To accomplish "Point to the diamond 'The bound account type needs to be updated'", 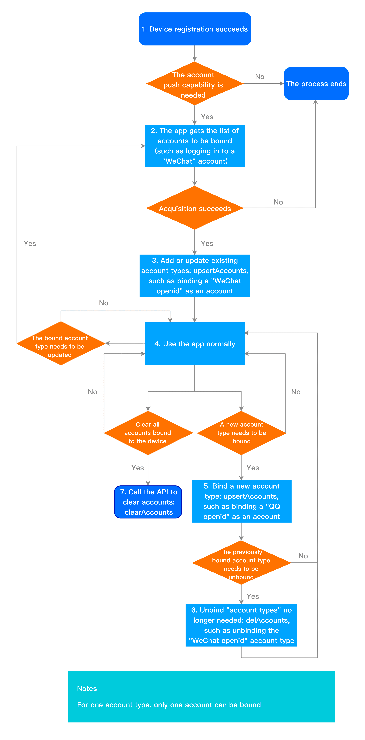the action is [x=61, y=343].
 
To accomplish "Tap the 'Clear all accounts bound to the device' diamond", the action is [x=148, y=433].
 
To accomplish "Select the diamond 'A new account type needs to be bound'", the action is [x=241, y=433].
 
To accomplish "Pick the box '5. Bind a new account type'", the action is [x=241, y=501].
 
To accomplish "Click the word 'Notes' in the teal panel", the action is [x=87, y=689].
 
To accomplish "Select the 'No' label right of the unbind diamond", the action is [x=303, y=556].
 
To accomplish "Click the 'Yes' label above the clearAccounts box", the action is [x=137, y=468].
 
